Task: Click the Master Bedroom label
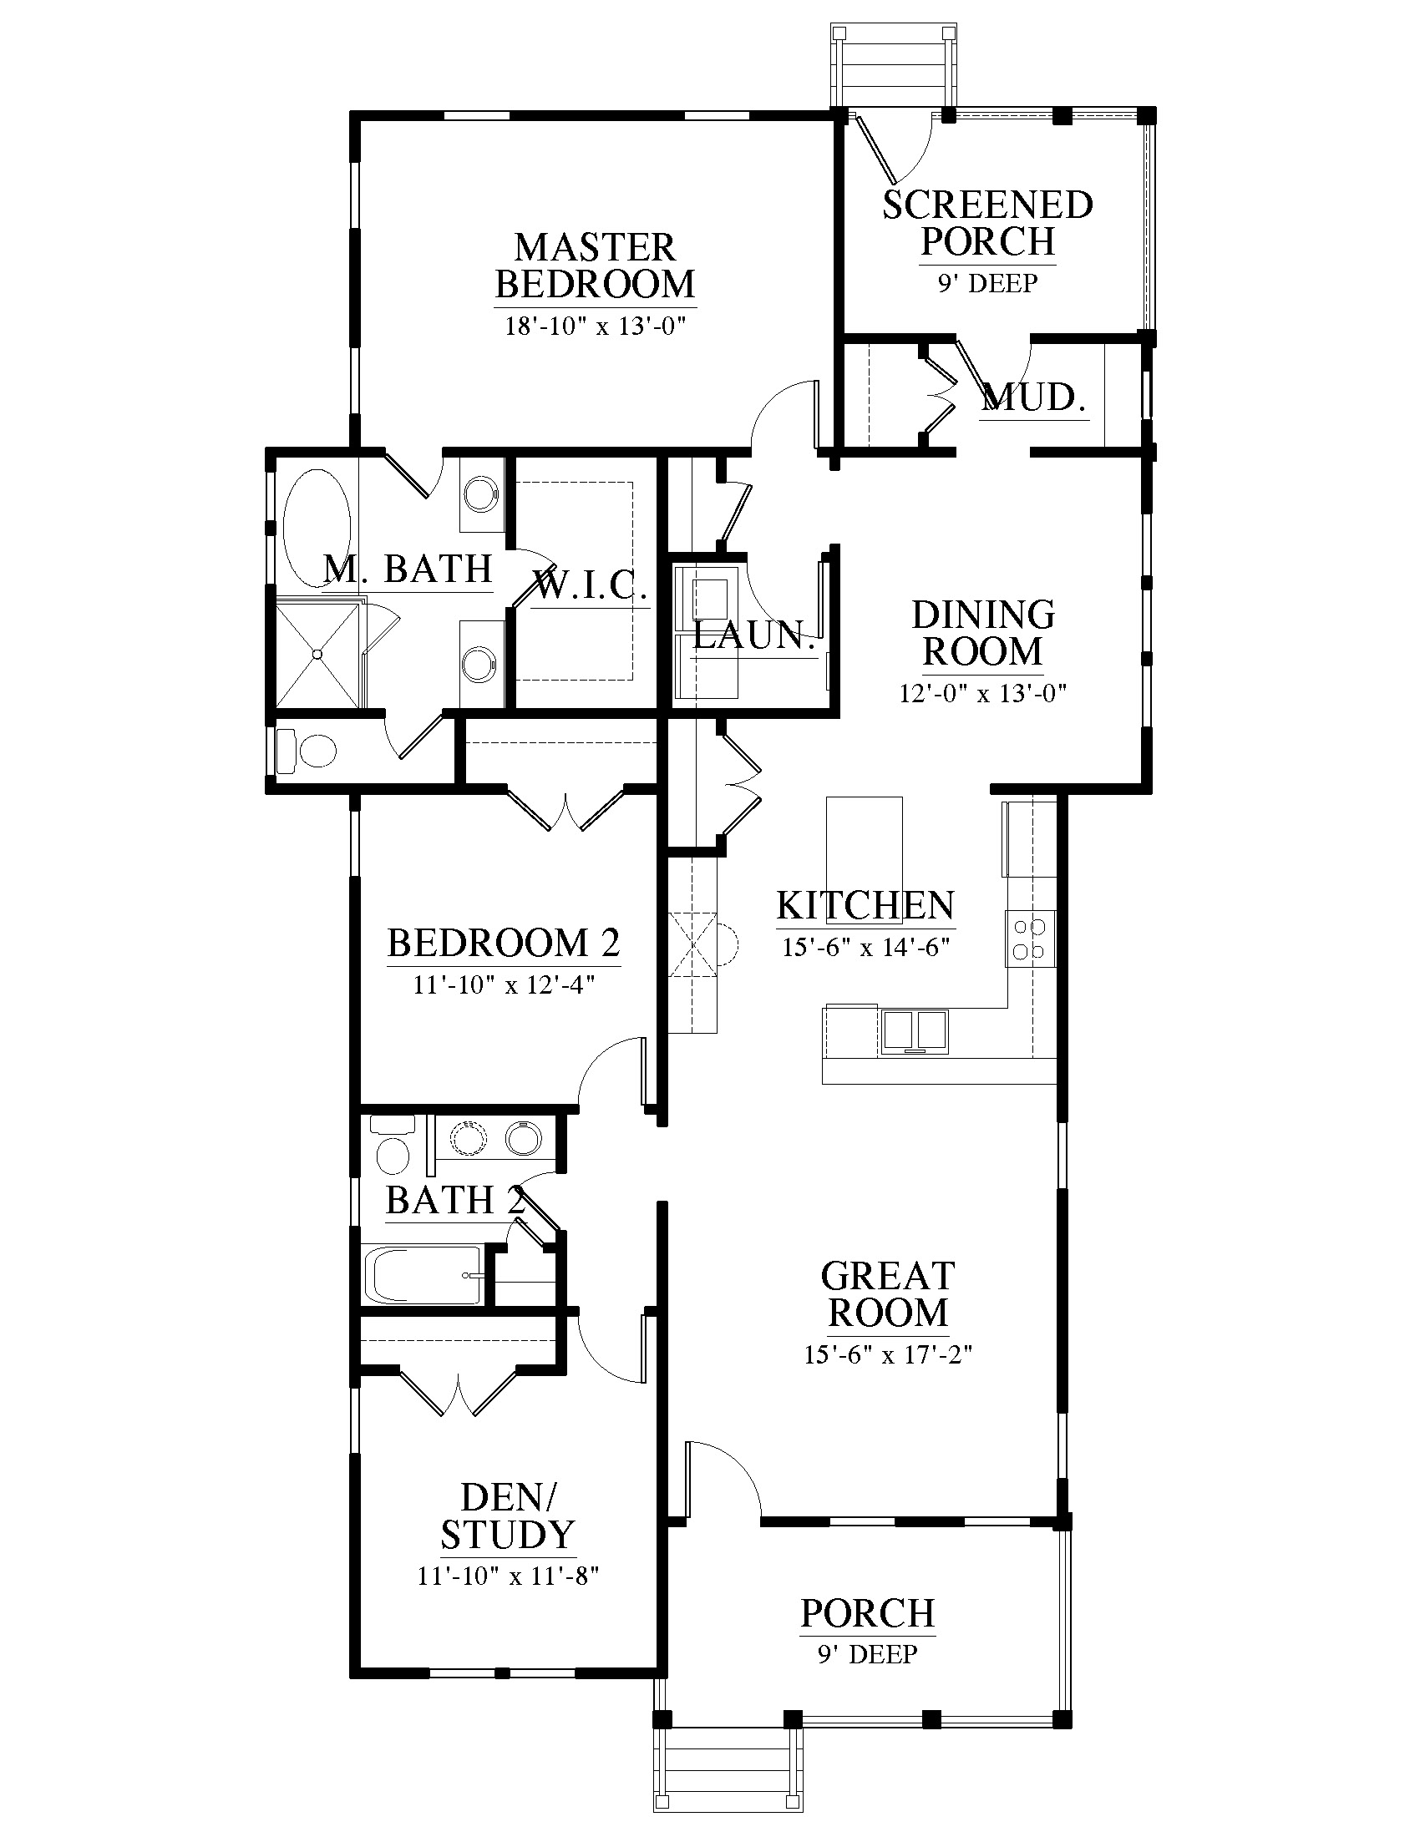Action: point(596,266)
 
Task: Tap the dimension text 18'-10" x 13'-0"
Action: point(596,326)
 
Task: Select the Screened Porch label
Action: point(987,223)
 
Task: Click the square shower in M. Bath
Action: point(318,655)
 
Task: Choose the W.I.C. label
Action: point(590,584)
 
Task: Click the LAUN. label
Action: point(754,636)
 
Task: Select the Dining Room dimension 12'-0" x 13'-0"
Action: point(983,694)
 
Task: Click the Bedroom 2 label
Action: point(504,943)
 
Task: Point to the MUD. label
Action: point(1034,397)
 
